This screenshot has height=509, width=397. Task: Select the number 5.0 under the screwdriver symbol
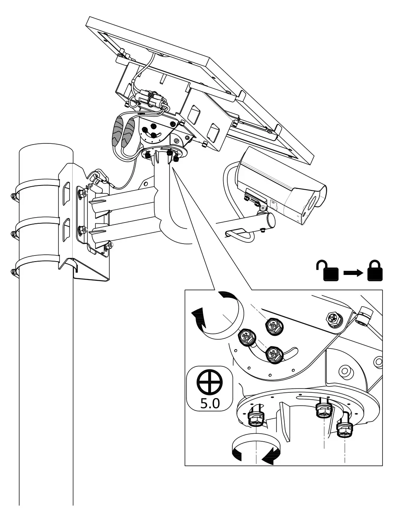pyautogui.click(x=210, y=404)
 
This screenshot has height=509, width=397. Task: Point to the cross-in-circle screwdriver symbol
pyautogui.click(x=210, y=383)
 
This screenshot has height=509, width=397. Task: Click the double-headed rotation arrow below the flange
pyautogui.click(x=255, y=449)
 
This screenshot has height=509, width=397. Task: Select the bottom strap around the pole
pyautogui.click(x=38, y=264)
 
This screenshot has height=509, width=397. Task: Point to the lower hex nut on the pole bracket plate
pyautogui.click(x=81, y=230)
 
